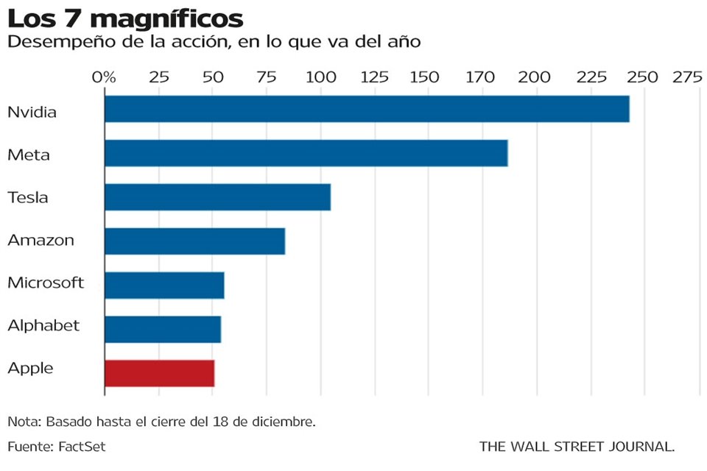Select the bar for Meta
306,152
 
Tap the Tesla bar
217,197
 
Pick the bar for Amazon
194,241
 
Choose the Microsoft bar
164,285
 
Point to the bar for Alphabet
163,327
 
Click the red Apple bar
159,373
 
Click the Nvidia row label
32,113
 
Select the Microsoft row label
46,283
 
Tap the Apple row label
30,369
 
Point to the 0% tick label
104,77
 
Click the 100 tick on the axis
320,77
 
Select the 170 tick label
482,77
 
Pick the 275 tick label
686,77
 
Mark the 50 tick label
212,77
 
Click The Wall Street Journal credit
577,446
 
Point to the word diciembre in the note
281,422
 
